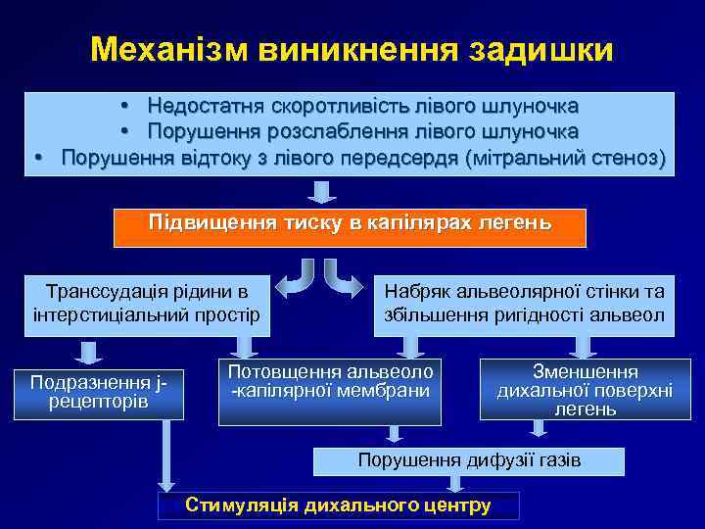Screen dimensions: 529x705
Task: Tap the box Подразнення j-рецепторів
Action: (x=93, y=391)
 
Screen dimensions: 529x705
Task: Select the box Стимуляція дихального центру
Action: (x=338, y=505)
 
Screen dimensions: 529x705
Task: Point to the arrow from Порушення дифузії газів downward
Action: (x=453, y=482)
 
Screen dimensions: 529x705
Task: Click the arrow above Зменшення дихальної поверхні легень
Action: (x=585, y=348)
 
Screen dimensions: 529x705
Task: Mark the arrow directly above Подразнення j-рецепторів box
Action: (x=91, y=352)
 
